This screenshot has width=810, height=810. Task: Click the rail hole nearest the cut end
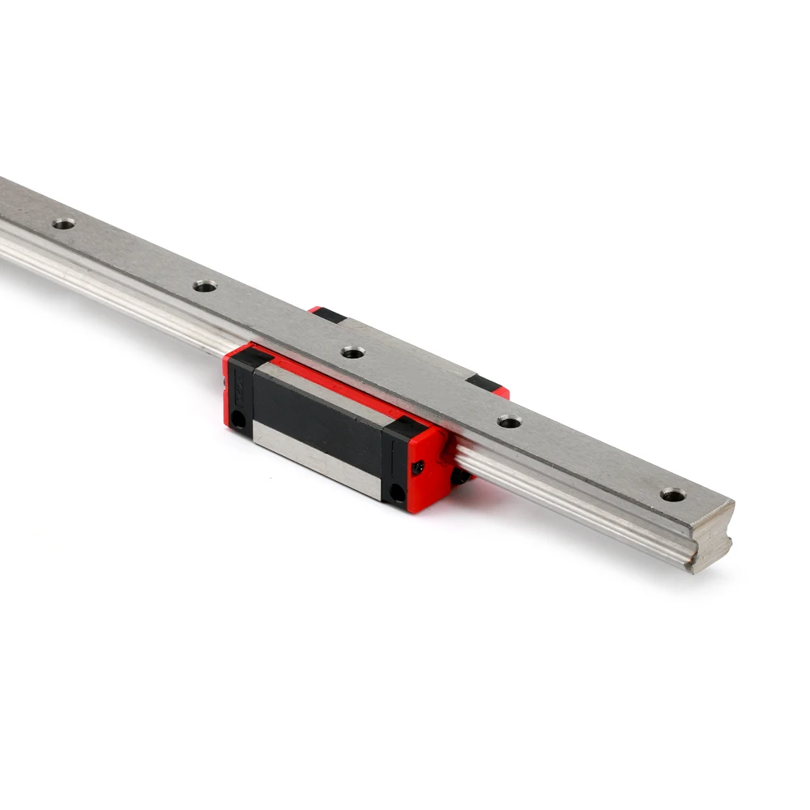pos(671,493)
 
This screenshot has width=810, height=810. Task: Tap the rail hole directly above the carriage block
pos(351,352)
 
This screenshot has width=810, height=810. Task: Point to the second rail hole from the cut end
pos(509,421)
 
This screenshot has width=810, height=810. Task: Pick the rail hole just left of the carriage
pos(204,285)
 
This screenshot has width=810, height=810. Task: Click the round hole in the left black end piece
pos(237,418)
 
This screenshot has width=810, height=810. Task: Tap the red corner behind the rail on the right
pos(502,393)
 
